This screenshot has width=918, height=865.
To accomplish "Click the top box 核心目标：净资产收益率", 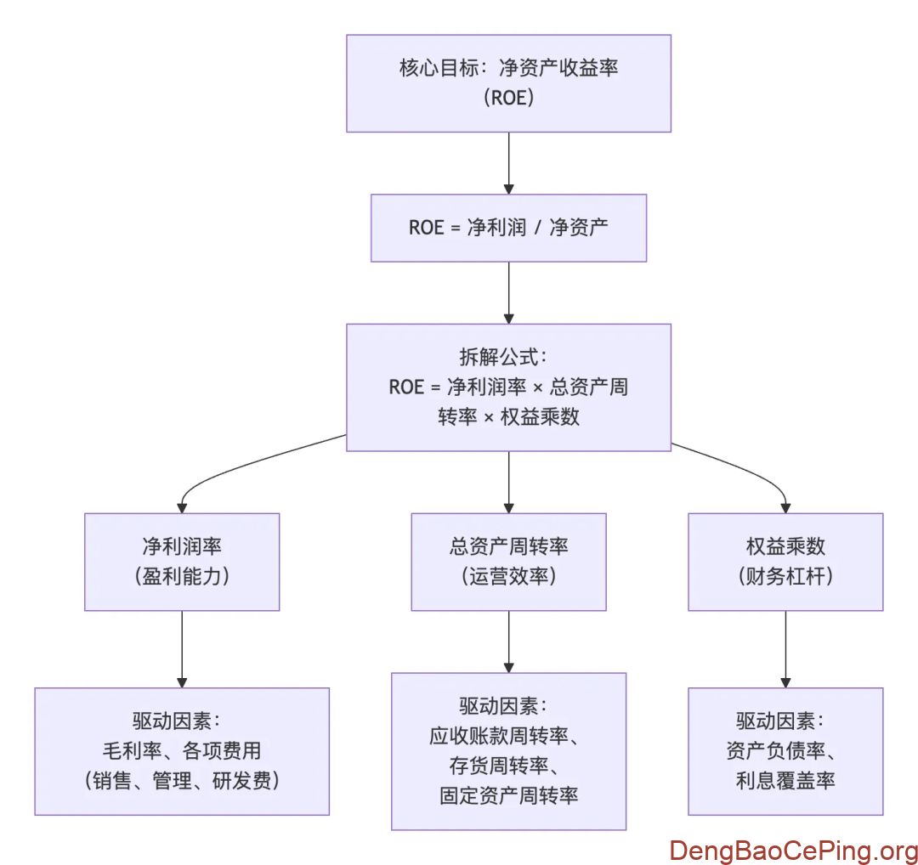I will pyautogui.click(x=508, y=83).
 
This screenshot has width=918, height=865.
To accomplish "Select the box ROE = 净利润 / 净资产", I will pyautogui.click(x=508, y=228).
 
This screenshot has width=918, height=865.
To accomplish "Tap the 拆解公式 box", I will pyautogui.click(x=508, y=387).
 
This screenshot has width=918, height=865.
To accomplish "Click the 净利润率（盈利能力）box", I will pyautogui.click(x=182, y=562).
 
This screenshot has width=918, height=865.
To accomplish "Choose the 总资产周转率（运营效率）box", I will pyautogui.click(x=508, y=562).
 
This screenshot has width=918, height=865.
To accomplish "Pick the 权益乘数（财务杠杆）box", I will pyautogui.click(x=785, y=562).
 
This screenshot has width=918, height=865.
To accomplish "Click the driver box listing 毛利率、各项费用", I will pyautogui.click(x=182, y=751).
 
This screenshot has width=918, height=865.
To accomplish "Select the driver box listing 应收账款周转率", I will pyautogui.click(x=508, y=751).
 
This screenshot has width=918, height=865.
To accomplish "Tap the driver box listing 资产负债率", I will pyautogui.click(x=785, y=751).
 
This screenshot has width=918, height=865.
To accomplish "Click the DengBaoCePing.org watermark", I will pyautogui.click(x=793, y=850).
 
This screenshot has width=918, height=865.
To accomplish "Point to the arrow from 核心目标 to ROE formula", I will pyautogui.click(x=508, y=163).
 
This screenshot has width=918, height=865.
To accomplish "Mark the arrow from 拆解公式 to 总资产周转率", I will pyautogui.click(x=508, y=482).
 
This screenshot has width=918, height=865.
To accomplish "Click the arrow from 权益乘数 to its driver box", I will pyautogui.click(x=785, y=649).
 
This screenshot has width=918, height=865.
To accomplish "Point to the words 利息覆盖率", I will pyautogui.click(x=785, y=780).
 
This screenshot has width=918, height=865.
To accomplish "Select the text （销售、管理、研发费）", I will pyautogui.click(x=182, y=780).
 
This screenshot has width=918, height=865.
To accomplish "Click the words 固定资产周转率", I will pyautogui.click(x=508, y=795).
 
